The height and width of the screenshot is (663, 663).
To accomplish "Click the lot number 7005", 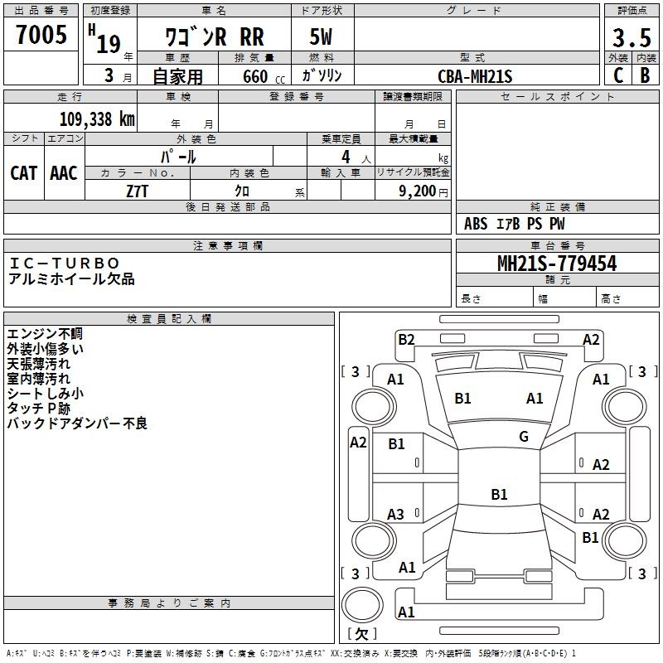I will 41,35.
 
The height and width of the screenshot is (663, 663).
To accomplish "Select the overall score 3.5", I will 632,38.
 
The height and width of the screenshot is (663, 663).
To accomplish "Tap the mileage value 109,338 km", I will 97,119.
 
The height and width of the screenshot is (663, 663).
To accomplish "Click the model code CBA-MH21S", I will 476,76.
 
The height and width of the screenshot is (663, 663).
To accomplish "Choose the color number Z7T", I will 138,191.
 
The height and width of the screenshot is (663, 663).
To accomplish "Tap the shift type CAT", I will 23,172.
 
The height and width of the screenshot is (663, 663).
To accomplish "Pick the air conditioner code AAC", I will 64,172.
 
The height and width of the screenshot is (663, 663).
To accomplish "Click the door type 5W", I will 322,38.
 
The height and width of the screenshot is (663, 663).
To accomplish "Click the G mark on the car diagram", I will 524,437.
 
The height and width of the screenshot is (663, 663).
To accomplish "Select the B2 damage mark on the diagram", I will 406,338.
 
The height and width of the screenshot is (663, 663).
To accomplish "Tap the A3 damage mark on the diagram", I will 396,515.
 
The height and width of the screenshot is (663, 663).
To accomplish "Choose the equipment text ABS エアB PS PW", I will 515,223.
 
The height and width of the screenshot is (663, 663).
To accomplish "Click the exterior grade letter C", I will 617,75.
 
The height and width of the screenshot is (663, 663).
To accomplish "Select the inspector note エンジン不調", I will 45,333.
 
